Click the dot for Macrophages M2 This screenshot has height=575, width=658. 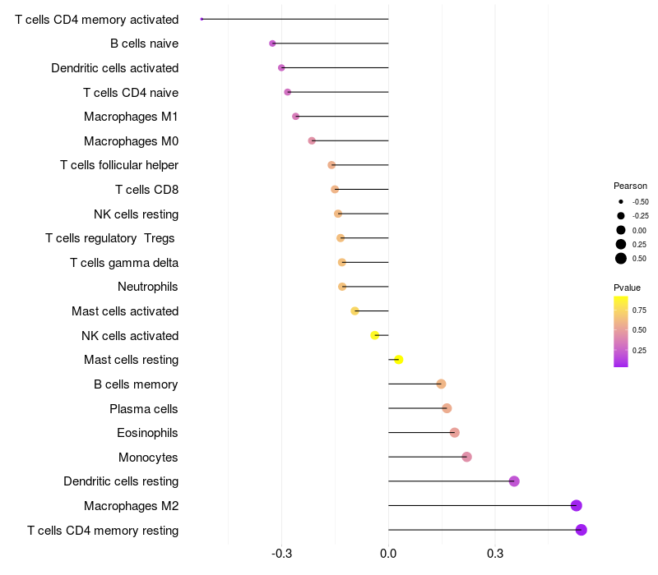pyautogui.click(x=576, y=506)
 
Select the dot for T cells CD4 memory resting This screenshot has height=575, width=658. pyautogui.click(x=581, y=530)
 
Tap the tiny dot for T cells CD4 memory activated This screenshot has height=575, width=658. pyautogui.click(x=202, y=19)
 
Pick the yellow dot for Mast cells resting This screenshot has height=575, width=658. pyautogui.click(x=398, y=360)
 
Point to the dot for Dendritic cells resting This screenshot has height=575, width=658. pyautogui.click(x=514, y=481)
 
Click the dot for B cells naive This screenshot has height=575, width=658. pyautogui.click(x=272, y=44)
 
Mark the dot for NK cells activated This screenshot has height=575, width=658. pyautogui.click(x=374, y=335)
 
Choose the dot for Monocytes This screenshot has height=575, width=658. pyautogui.click(x=466, y=457)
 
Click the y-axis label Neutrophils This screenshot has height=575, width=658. pyautogui.click(x=148, y=287)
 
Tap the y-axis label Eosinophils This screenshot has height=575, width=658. pyautogui.click(x=147, y=433)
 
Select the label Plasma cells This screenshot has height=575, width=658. pyautogui.click(x=144, y=408)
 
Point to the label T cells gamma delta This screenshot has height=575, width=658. pyautogui.click(x=124, y=263)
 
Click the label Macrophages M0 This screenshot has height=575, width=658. pyautogui.click(x=132, y=141)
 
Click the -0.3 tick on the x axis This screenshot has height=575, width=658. pyautogui.click(x=281, y=554)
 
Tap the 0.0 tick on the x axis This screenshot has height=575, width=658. pyautogui.click(x=388, y=554)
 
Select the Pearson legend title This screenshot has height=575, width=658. pyautogui.click(x=630, y=186)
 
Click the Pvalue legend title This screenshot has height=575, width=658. pyautogui.click(x=627, y=287)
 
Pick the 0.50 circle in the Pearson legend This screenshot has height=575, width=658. pyautogui.click(x=620, y=259)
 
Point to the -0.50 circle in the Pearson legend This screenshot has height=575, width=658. pyautogui.click(x=620, y=201)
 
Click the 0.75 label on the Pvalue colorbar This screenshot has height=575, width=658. pyautogui.click(x=639, y=310)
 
